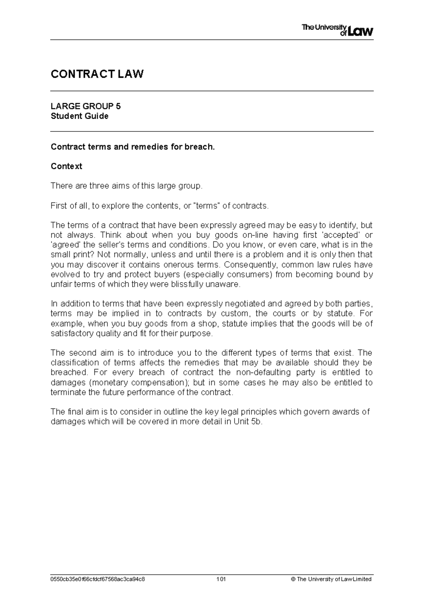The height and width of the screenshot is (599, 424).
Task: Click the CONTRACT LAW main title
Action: point(97,74)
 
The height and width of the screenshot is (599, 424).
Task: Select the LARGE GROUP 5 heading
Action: point(86,106)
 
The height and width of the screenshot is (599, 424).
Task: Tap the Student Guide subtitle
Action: point(79,116)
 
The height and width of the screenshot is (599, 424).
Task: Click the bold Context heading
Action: point(66,166)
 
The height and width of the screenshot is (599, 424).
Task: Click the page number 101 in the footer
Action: point(221,579)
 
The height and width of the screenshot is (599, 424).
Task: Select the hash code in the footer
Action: point(98,579)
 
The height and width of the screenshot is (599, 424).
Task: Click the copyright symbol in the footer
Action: point(293,579)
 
